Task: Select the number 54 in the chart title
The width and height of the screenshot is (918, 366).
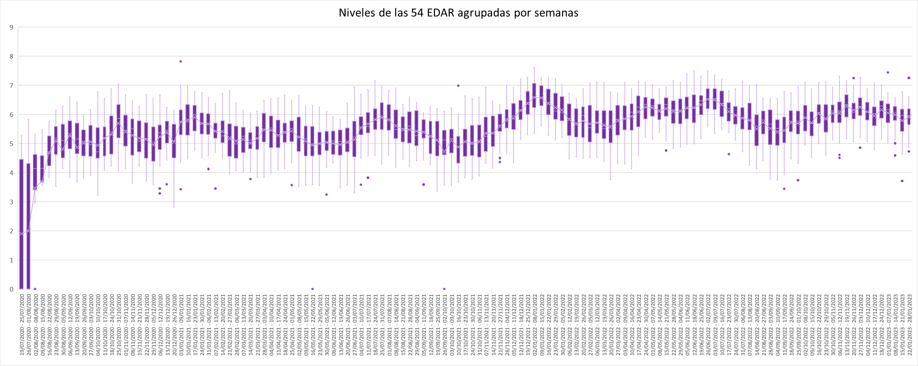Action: (417, 13)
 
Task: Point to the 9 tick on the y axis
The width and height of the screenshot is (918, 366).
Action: (12, 27)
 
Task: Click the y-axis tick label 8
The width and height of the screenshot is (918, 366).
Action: (12, 56)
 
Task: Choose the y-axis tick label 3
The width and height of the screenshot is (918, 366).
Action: (12, 202)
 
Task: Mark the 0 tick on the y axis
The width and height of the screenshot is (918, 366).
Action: (12, 289)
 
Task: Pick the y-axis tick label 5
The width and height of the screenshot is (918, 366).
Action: (12, 144)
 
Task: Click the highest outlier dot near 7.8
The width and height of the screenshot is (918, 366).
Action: (181, 61)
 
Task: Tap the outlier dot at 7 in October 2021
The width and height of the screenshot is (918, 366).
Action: (458, 86)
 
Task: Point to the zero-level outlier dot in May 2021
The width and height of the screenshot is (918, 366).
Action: (312, 289)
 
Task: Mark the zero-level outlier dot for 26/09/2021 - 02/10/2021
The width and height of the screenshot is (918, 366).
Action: (444, 289)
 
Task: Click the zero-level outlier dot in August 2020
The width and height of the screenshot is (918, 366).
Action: (35, 289)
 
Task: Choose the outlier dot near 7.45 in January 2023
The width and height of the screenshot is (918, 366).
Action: (888, 72)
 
